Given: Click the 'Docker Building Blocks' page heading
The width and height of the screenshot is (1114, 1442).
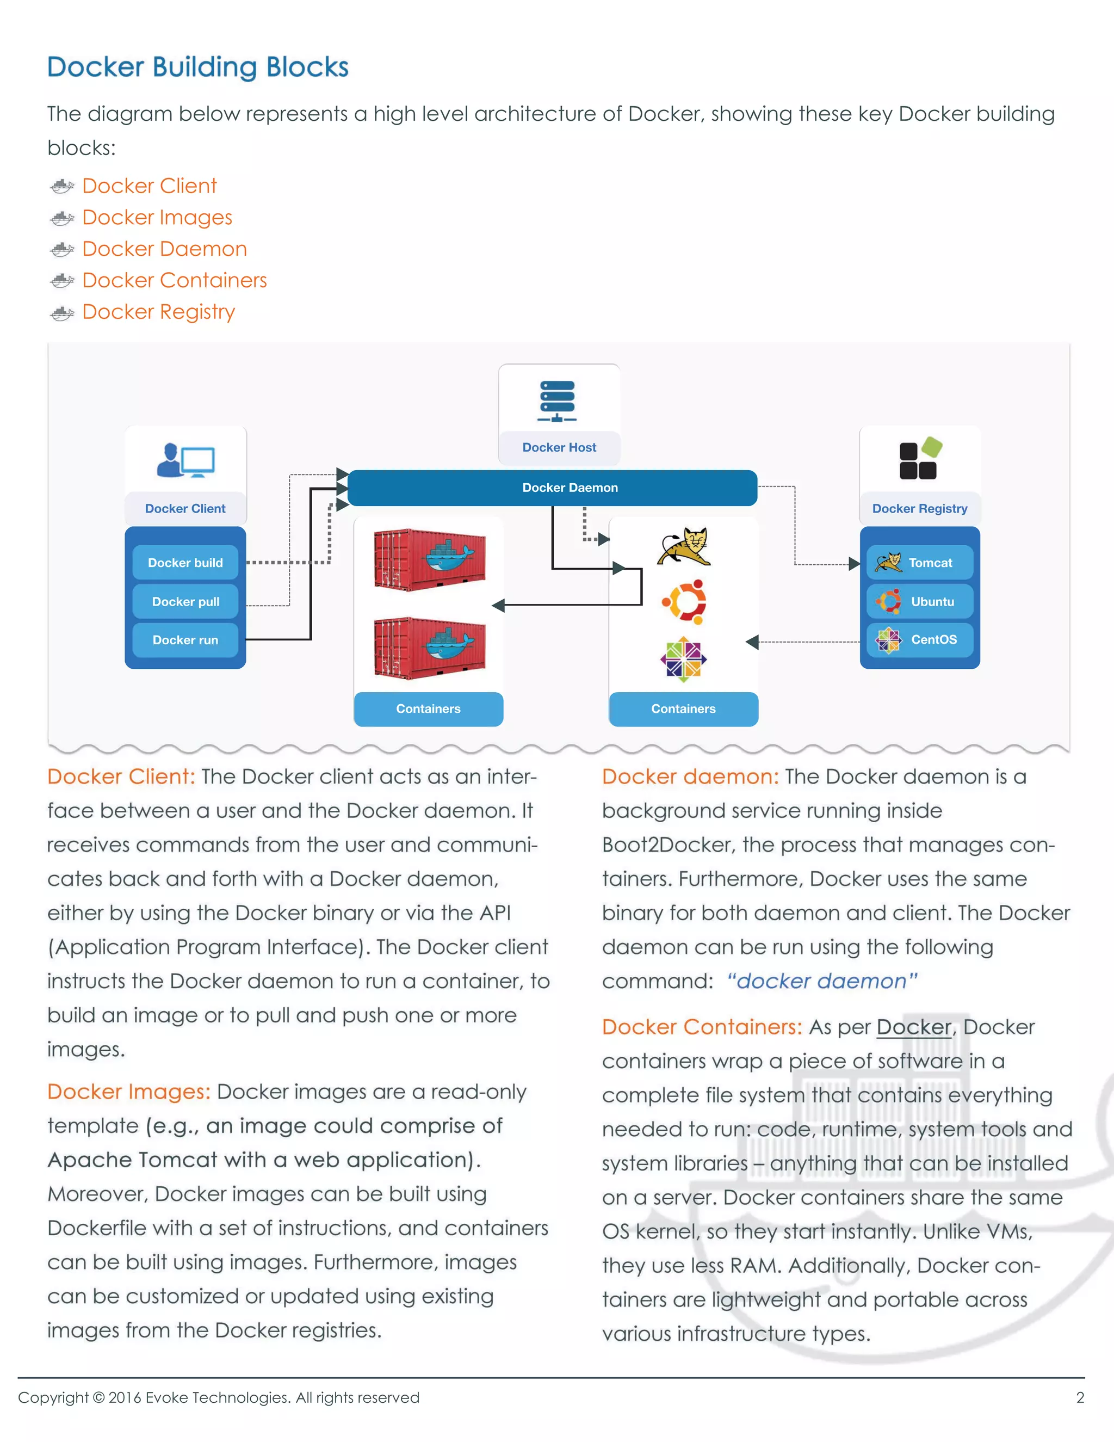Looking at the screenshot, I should (x=197, y=67).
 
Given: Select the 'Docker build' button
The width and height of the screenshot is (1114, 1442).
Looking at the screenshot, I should (x=185, y=563).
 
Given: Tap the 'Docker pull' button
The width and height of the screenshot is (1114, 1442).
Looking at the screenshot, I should (x=185, y=601).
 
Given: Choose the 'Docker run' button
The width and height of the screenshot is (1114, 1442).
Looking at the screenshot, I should (x=185, y=640).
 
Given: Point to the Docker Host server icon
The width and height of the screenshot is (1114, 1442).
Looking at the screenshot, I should (x=557, y=401).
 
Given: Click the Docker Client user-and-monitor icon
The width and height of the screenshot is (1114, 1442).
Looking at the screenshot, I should (x=185, y=460).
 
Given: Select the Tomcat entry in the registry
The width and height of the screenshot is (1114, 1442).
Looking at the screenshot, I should (x=919, y=563).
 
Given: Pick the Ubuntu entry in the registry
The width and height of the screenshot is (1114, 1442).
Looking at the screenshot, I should (x=919, y=601).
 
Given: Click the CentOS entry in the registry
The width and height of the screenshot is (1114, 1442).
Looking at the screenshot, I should (x=919, y=639).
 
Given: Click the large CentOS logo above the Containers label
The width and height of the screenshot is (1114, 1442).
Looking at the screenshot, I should (x=684, y=659).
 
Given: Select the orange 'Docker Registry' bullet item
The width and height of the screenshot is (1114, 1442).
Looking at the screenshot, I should (x=158, y=312).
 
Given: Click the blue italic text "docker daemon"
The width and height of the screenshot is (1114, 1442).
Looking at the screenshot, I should (x=822, y=981).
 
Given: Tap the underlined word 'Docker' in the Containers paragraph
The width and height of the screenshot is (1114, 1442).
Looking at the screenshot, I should (x=913, y=1027).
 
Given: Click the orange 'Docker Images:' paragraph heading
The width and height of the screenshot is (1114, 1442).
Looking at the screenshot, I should (x=129, y=1092).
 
